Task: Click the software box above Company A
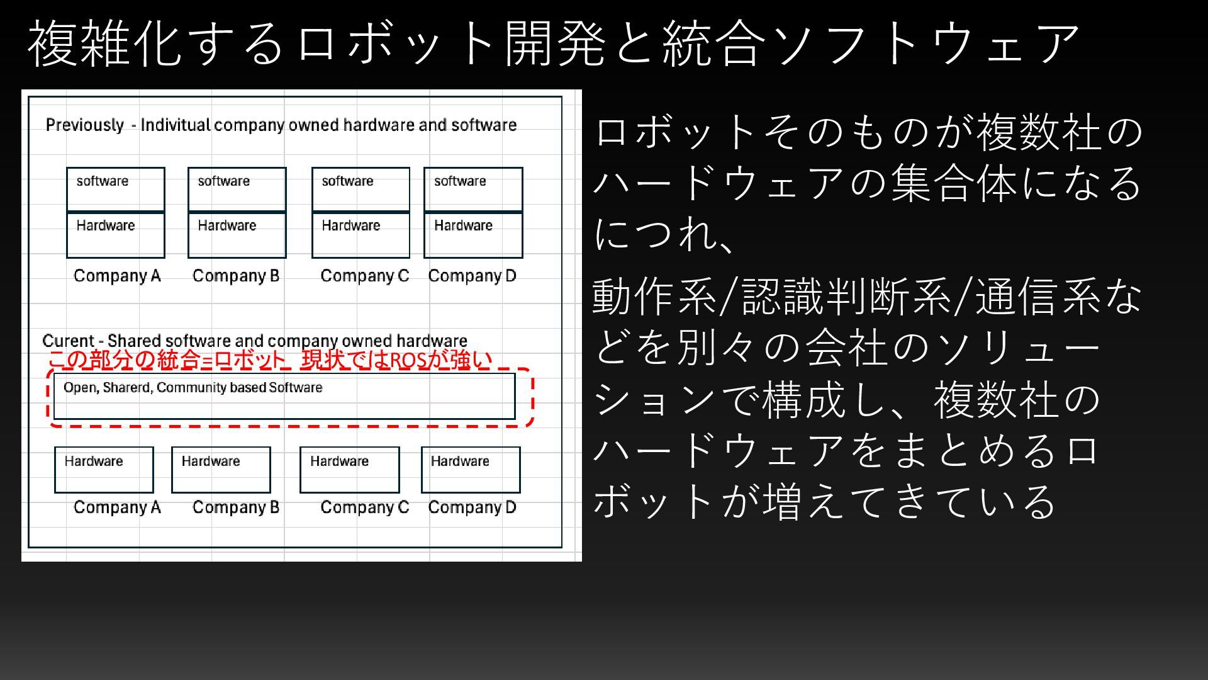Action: (x=116, y=189)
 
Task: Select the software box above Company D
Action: (x=473, y=189)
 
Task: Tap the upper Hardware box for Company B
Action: (x=237, y=235)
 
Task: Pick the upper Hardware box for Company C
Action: (x=361, y=235)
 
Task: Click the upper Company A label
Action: (x=117, y=276)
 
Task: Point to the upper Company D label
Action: (x=472, y=276)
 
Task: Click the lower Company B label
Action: (x=236, y=507)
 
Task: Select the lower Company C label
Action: (x=364, y=507)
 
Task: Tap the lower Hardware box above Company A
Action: (x=104, y=470)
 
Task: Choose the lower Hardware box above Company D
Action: (x=471, y=470)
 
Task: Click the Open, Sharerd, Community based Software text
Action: (x=193, y=388)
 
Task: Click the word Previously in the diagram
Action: (x=84, y=125)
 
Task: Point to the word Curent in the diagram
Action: (x=67, y=341)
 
